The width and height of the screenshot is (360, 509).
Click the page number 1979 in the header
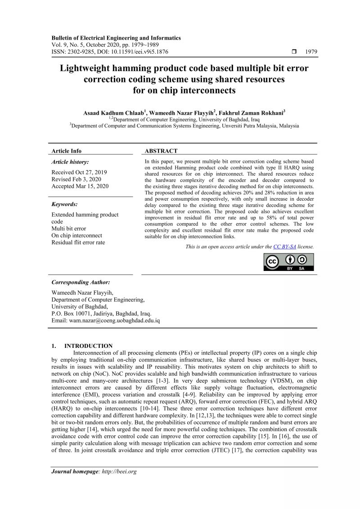[x=311, y=52]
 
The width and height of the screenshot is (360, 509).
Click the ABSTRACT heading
[x=161, y=151]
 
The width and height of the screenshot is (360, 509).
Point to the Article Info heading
[x=67, y=151]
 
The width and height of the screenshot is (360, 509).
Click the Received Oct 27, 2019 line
[x=79, y=172]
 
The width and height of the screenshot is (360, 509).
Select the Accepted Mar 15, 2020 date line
[x=80, y=186]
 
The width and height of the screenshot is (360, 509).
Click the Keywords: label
[x=65, y=204]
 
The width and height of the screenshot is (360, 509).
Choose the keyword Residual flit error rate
[x=78, y=242]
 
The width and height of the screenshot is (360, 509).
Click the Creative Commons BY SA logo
[x=288, y=262]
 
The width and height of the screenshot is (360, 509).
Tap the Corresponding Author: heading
[x=81, y=282]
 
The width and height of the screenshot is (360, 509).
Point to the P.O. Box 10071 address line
[x=101, y=314]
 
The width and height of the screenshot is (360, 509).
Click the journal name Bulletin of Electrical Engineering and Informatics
[x=116, y=38]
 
